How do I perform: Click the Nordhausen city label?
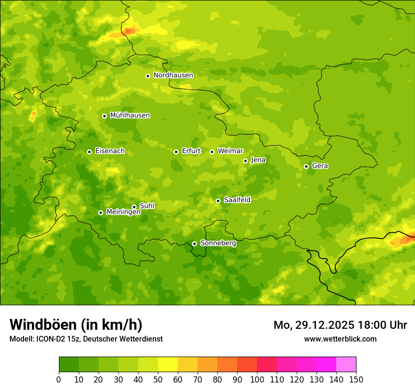(173, 75)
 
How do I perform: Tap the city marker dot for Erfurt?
(176, 152)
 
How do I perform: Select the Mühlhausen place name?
(130, 115)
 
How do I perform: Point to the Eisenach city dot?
(89, 152)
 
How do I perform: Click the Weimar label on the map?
(230, 151)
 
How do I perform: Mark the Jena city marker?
(245, 161)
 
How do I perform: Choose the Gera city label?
(320, 166)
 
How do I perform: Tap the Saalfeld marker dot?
(218, 201)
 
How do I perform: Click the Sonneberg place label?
(218, 243)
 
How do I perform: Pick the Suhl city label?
(147, 206)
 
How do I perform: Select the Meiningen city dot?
(100, 212)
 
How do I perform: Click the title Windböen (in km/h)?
(76, 325)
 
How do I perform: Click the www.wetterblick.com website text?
(340, 339)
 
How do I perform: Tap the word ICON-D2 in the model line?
(50, 339)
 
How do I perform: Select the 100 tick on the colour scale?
(257, 379)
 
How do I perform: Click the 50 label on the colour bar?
(158, 379)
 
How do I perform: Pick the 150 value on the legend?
(356, 379)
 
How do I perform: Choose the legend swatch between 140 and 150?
(346, 365)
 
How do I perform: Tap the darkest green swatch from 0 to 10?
(69, 365)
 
